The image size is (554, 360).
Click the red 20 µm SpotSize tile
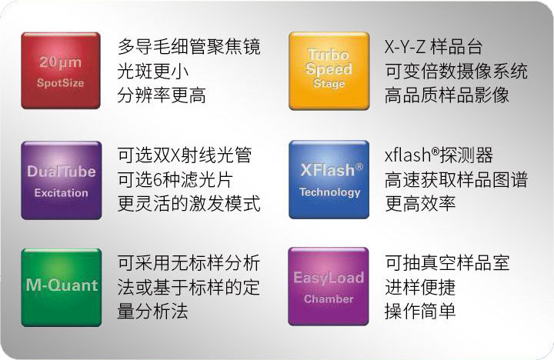click(61, 71)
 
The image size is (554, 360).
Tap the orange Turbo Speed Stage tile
click(329, 71)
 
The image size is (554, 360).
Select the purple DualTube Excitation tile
click(62, 180)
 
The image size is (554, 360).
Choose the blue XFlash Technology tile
click(329, 179)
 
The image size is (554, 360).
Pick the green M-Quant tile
click(62, 288)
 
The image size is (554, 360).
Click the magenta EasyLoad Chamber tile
click(329, 286)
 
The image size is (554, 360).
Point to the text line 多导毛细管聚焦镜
click(189, 47)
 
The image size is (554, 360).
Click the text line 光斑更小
click(152, 72)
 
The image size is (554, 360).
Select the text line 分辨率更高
click(162, 95)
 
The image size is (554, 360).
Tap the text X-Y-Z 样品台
click(433, 47)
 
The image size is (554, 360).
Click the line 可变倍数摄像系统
click(456, 72)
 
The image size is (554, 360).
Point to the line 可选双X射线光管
click(185, 155)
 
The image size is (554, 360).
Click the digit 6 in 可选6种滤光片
click(158, 180)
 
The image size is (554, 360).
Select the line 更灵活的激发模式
click(189, 204)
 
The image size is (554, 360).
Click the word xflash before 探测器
click(408, 155)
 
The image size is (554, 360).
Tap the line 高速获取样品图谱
click(456, 180)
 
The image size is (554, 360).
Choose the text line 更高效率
click(420, 204)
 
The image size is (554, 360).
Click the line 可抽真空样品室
click(447, 263)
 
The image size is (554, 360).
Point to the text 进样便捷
click(420, 287)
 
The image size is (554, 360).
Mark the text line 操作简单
click(420, 312)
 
